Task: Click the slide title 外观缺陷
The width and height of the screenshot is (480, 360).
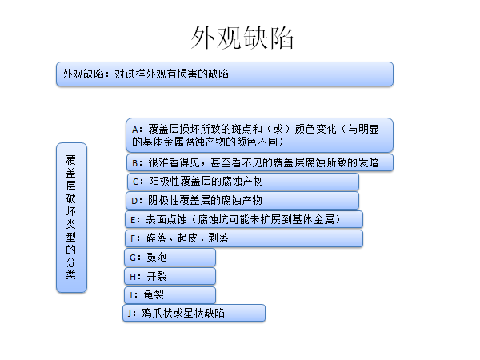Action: (242, 38)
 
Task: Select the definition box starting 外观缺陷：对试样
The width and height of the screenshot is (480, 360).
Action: (225, 74)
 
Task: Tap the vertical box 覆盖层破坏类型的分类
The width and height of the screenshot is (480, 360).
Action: (72, 218)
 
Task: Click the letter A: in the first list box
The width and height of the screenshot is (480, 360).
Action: (137, 130)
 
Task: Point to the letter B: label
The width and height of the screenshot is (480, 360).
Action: (137, 163)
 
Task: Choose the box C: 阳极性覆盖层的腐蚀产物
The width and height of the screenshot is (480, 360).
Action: (243, 182)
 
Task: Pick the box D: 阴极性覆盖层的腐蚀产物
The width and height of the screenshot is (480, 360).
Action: (242, 201)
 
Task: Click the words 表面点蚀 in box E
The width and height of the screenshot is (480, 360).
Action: (166, 219)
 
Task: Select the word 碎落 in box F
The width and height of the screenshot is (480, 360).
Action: (156, 238)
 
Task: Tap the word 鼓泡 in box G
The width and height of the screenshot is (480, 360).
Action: (157, 257)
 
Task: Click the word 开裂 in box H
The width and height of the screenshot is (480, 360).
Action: (157, 277)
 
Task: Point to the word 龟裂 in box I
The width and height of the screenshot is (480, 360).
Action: (154, 294)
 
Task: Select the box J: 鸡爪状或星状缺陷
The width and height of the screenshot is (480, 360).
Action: (194, 313)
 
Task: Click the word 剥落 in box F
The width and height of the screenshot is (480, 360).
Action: (218, 238)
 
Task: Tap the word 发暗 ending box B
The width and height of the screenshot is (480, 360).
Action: (369, 162)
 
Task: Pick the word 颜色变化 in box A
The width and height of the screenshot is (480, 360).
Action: (316, 129)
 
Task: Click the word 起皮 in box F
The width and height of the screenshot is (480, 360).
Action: (187, 238)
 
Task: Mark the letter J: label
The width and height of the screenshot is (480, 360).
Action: (132, 314)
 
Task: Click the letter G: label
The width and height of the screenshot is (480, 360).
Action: (135, 258)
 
